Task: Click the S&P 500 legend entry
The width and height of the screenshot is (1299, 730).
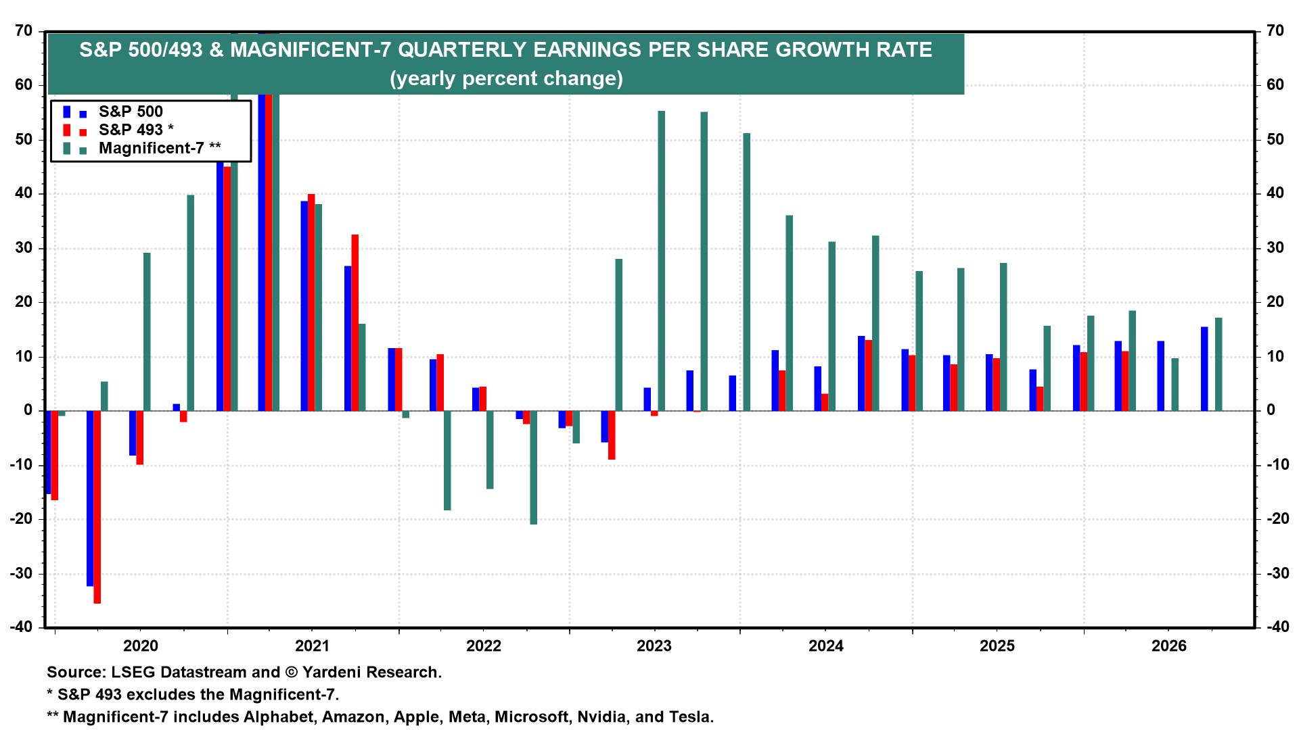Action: [x=130, y=112]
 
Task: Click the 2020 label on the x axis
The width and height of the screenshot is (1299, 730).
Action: [x=141, y=646]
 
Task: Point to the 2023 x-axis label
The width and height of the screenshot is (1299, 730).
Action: [x=654, y=646]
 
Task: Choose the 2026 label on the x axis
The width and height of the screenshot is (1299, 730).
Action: [x=1169, y=646]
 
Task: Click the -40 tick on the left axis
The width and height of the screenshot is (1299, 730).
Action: [x=22, y=627]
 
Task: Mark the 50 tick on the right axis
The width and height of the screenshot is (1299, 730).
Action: [x=1275, y=140]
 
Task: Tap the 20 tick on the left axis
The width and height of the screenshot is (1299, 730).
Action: [x=24, y=302]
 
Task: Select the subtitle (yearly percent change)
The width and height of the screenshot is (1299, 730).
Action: [x=506, y=78]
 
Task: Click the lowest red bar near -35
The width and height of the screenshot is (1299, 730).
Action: [x=97, y=507]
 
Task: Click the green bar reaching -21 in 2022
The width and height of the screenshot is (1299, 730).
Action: [x=534, y=467]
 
